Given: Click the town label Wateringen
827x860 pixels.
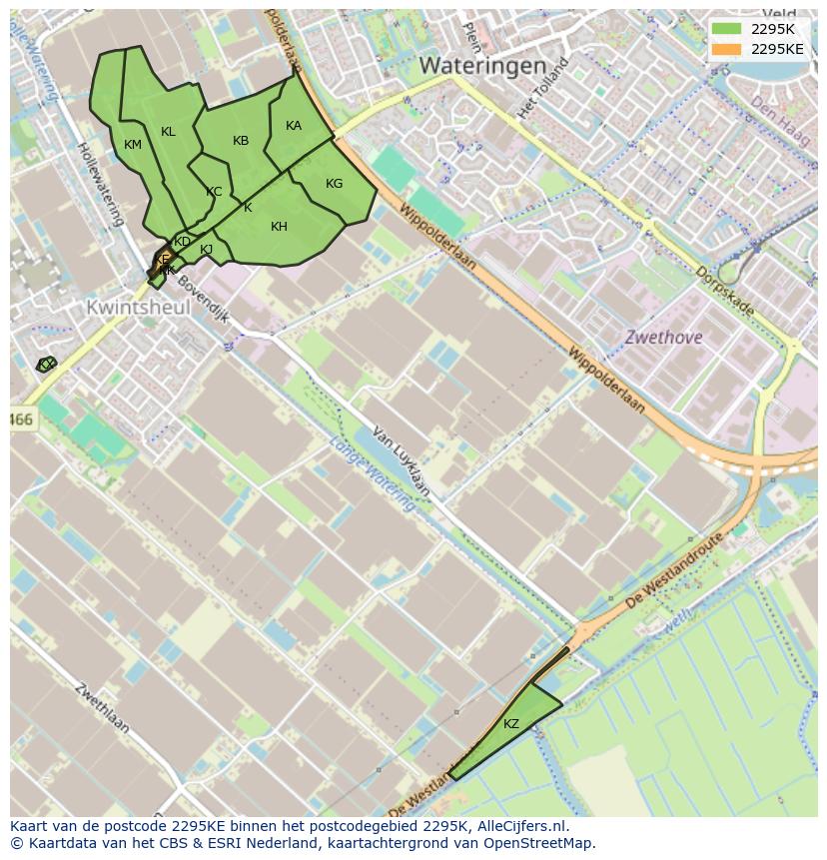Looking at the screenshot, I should [x=482, y=66].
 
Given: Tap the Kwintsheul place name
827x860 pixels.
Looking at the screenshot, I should [x=138, y=308].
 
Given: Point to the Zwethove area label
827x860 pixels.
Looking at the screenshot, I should [x=663, y=338].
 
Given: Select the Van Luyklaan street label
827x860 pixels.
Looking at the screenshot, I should [x=402, y=461].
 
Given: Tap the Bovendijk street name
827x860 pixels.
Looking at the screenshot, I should [x=206, y=304].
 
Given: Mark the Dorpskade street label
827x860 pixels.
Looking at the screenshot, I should [x=724, y=291].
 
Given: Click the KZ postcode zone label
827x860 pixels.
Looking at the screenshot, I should [x=511, y=724].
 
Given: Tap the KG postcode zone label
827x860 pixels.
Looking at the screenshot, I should [x=334, y=183].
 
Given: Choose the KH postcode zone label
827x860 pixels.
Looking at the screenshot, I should [x=279, y=227].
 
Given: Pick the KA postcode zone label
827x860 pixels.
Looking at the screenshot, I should [x=294, y=126].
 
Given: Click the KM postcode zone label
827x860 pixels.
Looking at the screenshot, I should [x=133, y=145].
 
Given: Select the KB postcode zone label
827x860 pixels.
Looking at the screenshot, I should [x=241, y=141].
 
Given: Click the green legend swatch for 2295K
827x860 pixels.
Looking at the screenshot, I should [x=727, y=29].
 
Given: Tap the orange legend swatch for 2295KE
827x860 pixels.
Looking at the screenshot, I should [x=727, y=49].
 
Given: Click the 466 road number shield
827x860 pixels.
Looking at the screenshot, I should [x=21, y=421].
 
